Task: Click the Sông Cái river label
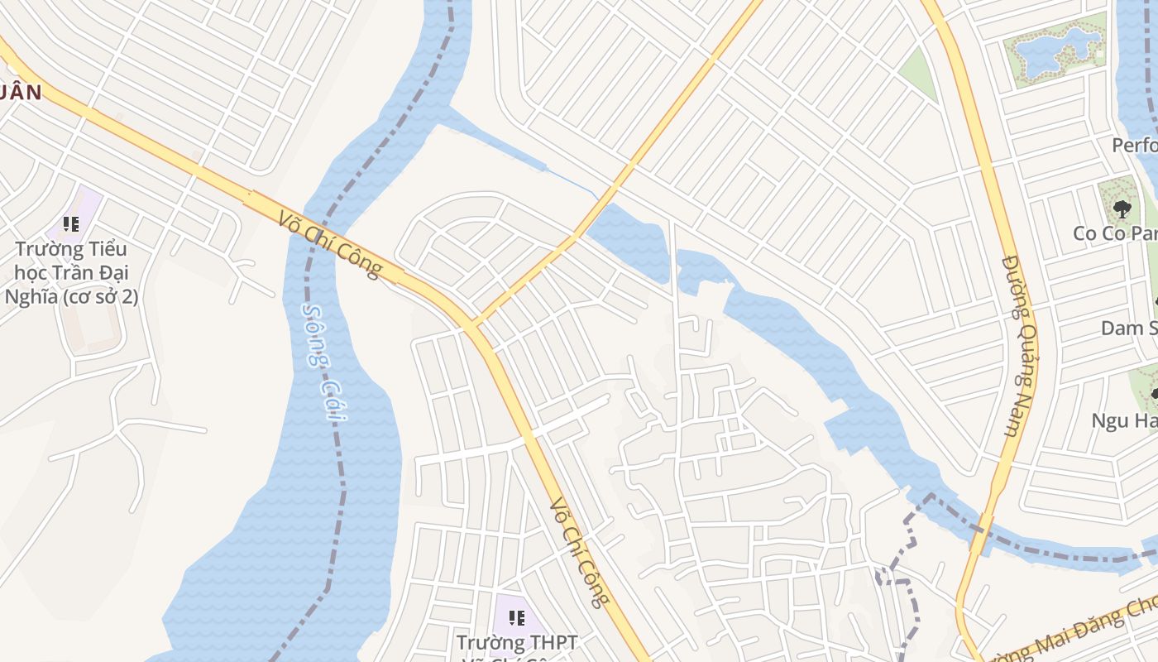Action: (x=323, y=362)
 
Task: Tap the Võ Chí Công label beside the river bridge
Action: (x=330, y=245)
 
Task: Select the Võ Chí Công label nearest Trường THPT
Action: (x=580, y=552)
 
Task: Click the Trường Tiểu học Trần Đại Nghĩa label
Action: (x=71, y=272)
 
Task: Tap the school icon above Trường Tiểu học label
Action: (x=71, y=224)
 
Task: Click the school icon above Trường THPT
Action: (x=517, y=618)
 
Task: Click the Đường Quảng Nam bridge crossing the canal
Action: (x=983, y=533)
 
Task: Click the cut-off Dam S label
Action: (x=1128, y=329)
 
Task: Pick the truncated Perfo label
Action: (x=1133, y=146)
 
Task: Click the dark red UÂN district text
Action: (x=20, y=92)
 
